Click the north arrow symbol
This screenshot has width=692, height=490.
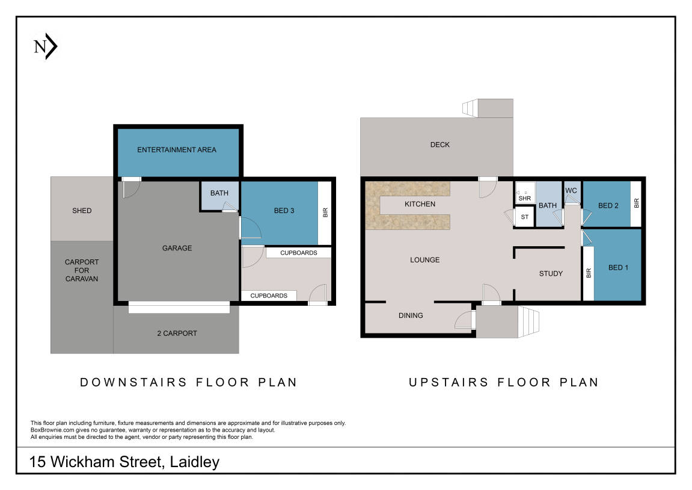(46, 46)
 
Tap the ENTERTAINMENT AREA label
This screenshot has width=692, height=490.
(177, 150)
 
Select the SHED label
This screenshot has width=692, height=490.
(82, 211)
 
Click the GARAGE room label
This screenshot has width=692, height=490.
(177, 249)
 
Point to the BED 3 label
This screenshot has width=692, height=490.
(284, 211)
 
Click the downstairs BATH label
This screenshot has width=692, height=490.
(219, 193)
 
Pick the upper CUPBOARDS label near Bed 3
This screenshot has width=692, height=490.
(299, 253)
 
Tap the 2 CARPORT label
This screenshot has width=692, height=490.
(177, 333)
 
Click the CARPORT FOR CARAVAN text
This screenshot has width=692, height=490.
(82, 270)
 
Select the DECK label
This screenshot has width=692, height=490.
(440, 145)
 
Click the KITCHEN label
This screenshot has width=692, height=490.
(420, 204)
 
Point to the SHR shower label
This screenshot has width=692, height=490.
(525, 199)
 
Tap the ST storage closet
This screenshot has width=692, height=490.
(525, 217)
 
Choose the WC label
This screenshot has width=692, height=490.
(571, 191)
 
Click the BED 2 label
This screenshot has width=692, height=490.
(608, 205)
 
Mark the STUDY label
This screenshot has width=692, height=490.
(551, 274)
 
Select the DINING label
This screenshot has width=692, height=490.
(411, 315)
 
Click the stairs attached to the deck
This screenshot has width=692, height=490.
(471, 108)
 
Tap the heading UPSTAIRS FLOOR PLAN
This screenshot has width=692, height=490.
(504, 382)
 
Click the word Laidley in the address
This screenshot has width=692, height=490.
(195, 462)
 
